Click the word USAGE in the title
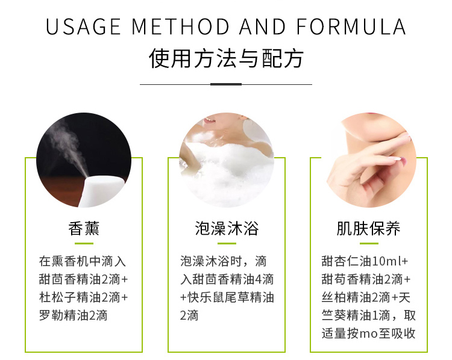point(83,26)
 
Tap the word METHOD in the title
point(180,26)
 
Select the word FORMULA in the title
point(351,26)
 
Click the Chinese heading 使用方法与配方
point(226,58)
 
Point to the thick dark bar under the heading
point(226,84)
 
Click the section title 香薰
point(84,228)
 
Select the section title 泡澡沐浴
point(227,228)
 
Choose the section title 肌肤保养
point(368,228)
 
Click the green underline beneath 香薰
point(84,244)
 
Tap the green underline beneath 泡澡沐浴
point(227,244)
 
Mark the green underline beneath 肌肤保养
point(369,244)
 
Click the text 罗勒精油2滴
point(73,315)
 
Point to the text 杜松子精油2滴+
point(84,297)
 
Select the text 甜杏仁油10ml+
point(365,261)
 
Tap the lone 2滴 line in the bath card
point(189,315)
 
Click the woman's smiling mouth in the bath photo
point(209,120)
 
